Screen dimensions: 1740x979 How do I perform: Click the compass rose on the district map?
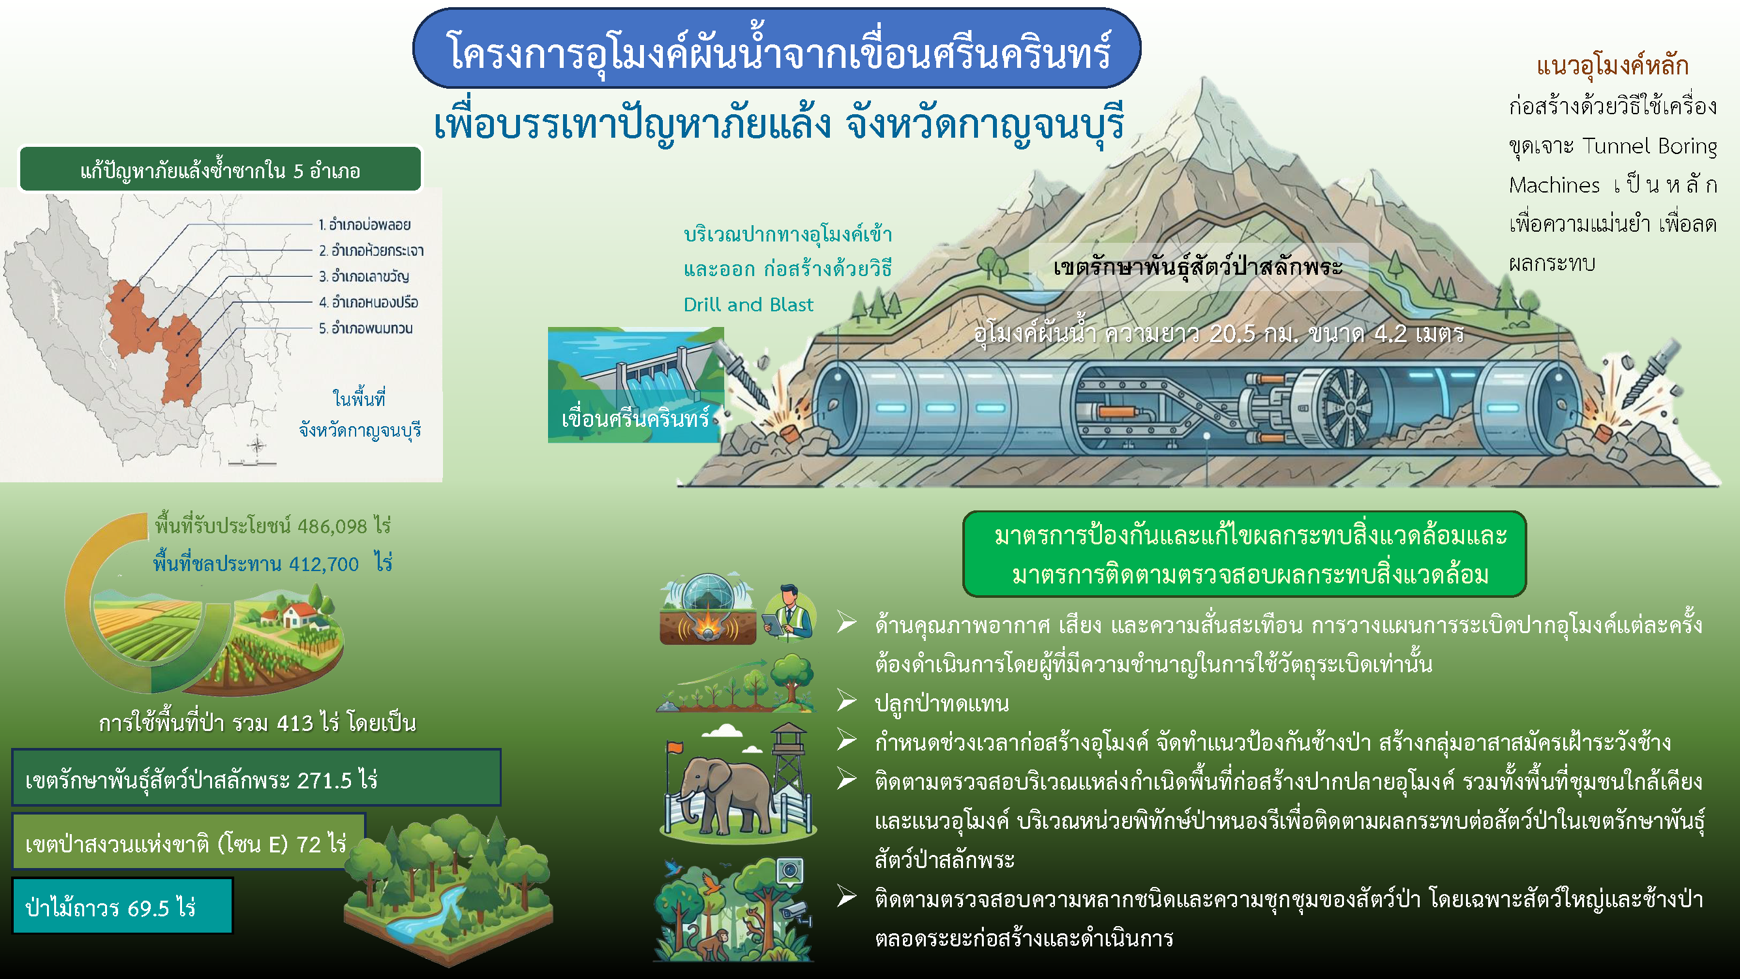pyautogui.click(x=256, y=445)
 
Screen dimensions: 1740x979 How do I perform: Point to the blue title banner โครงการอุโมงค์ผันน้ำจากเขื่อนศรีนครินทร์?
pyautogui.click(x=777, y=49)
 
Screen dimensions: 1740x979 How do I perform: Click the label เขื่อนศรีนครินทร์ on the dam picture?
pyautogui.click(x=635, y=419)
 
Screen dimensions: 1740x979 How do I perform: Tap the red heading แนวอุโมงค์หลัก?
pyautogui.click(x=1612, y=66)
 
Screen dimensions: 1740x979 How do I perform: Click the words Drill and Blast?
pyautogui.click(x=748, y=305)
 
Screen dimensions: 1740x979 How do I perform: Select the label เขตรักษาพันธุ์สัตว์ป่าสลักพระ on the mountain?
pyautogui.click(x=1198, y=268)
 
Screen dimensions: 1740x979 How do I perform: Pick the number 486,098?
pyautogui.click(x=332, y=526)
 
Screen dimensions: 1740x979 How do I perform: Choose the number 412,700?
pyautogui.click(x=324, y=564)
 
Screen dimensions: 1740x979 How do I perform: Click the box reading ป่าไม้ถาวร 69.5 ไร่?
pyautogui.click(x=122, y=906)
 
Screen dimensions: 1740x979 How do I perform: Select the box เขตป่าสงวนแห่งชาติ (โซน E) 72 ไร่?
pyautogui.click(x=189, y=843)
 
